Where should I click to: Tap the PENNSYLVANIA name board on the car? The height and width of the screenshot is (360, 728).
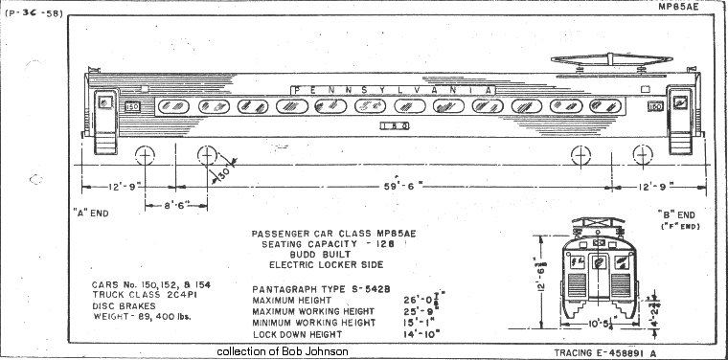click(393, 89)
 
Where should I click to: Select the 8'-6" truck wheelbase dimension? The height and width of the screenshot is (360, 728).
click(173, 204)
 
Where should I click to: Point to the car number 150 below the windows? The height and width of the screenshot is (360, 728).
click(395, 124)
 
